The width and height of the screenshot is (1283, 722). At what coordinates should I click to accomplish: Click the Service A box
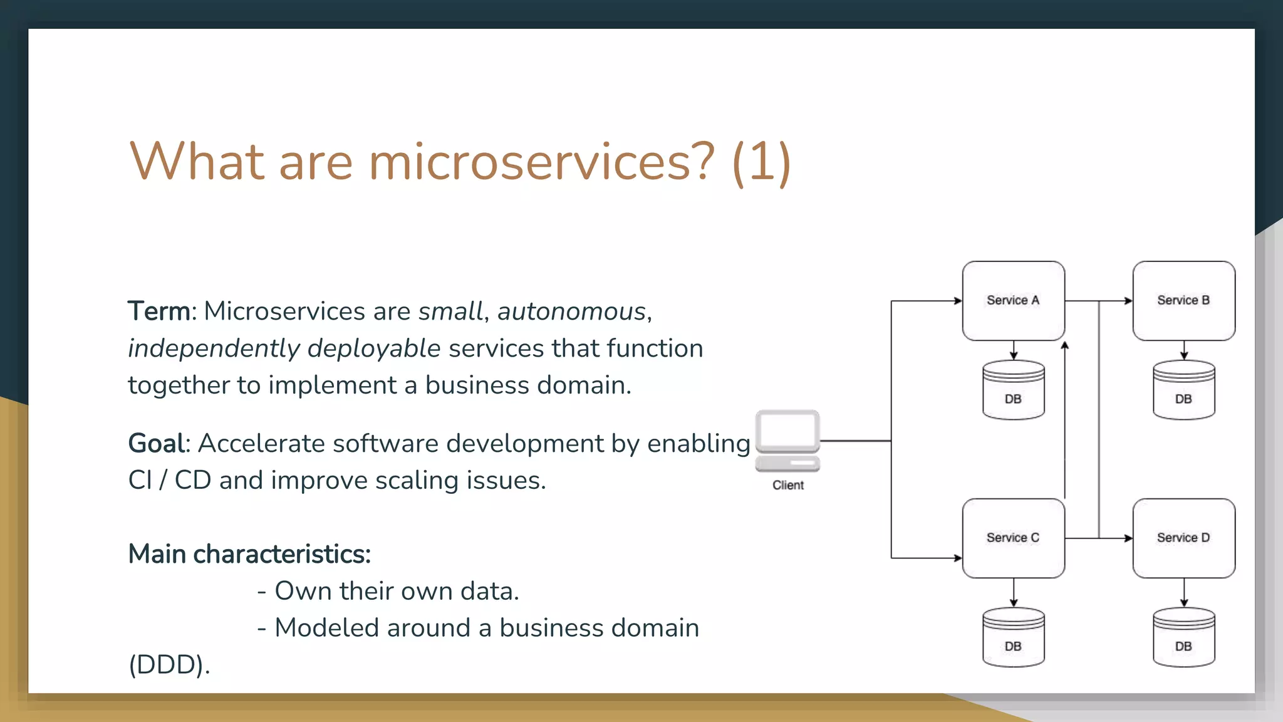click(1013, 301)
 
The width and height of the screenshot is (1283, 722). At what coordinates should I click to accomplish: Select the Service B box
click(1183, 301)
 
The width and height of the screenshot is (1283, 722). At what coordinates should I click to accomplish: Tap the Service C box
click(1013, 538)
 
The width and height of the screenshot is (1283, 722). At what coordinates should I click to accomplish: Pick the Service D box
click(1183, 538)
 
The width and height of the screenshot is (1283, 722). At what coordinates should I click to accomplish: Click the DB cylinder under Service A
click(1013, 390)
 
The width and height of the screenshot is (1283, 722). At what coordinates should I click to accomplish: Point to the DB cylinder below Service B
click(1183, 390)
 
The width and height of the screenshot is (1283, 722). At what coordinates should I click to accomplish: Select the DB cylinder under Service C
click(1013, 637)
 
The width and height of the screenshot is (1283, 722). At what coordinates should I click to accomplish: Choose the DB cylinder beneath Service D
click(1183, 637)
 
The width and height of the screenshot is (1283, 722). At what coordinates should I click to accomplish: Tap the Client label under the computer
click(787, 485)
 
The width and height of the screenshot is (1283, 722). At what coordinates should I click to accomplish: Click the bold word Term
click(158, 311)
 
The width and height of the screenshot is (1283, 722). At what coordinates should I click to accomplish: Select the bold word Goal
click(157, 443)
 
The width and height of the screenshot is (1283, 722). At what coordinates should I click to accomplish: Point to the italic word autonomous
click(571, 311)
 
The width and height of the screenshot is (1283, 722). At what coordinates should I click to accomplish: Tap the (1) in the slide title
click(761, 162)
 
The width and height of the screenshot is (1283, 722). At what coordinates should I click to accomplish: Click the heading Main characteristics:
click(249, 554)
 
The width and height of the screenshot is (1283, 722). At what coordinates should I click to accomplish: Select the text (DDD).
click(169, 664)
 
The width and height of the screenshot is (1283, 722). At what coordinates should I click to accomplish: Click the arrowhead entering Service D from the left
click(1128, 538)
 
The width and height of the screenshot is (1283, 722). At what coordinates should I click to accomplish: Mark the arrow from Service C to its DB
click(1013, 592)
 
